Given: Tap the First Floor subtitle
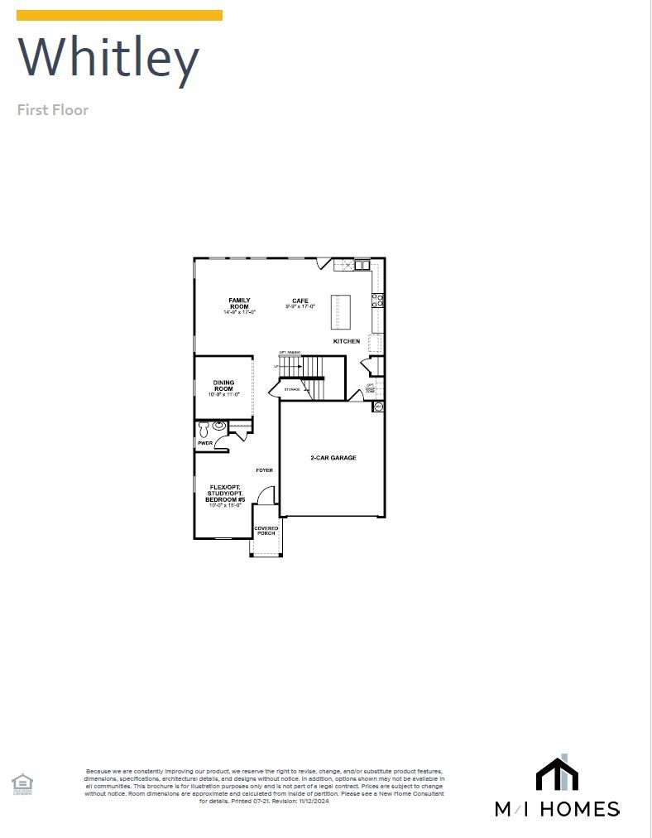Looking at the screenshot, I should point(53,110).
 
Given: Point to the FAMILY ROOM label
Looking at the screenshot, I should point(239,304).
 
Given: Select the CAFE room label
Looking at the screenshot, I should point(300,303).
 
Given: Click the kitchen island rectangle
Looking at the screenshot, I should point(340,311).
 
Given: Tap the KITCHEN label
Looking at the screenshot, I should point(347,341).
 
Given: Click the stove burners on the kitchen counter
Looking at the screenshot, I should point(377,301).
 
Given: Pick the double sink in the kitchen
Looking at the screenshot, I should point(362,265).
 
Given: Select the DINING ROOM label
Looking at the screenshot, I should point(223,387).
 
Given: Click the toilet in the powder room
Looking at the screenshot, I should point(204,428).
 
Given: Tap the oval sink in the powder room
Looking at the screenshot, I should point(218,426).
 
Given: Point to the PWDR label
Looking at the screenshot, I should point(204,444).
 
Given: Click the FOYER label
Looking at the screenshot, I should point(264,470).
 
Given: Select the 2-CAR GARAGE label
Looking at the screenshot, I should point(333,458).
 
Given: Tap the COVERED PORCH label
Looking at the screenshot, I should point(266,531).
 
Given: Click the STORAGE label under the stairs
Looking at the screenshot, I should point(292,388).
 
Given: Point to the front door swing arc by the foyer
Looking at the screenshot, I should point(266,494).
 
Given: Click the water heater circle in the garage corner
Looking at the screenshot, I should point(378,407).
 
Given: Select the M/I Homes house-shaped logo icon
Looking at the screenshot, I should point(557,774).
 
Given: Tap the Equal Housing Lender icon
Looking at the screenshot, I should point(22,783).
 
